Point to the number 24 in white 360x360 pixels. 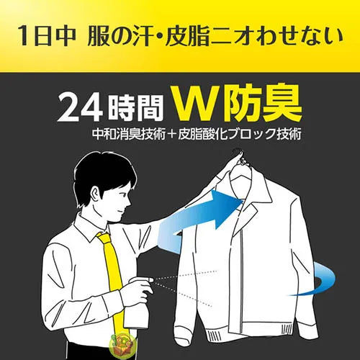(x=81, y=109)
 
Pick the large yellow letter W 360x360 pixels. (x=197, y=104)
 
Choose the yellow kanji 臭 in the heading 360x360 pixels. (x=280, y=104)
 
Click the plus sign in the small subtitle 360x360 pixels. (x=171, y=135)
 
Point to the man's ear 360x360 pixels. (x=96, y=192)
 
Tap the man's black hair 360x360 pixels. (x=106, y=175)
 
